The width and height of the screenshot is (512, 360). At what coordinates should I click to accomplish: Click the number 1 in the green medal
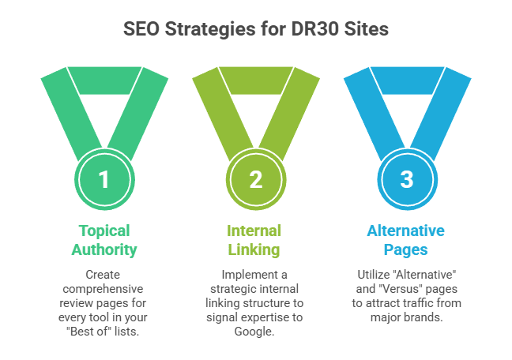tap(104, 179)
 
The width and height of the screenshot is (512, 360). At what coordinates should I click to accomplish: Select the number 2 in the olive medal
tap(255, 179)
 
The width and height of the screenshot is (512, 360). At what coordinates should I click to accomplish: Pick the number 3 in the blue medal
tap(407, 179)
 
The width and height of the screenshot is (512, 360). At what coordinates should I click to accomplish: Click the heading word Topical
tap(104, 231)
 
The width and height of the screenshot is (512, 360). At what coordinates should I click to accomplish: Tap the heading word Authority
tap(104, 250)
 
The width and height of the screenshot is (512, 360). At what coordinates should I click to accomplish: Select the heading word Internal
tap(255, 231)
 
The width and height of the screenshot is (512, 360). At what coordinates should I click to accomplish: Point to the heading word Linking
tap(255, 250)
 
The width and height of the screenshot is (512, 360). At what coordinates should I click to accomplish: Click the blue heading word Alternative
tap(406, 231)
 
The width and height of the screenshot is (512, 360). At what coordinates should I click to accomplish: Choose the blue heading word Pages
tap(406, 250)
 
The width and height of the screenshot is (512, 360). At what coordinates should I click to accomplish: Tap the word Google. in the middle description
tap(255, 331)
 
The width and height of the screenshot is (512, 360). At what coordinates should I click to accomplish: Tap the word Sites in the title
tap(368, 29)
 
